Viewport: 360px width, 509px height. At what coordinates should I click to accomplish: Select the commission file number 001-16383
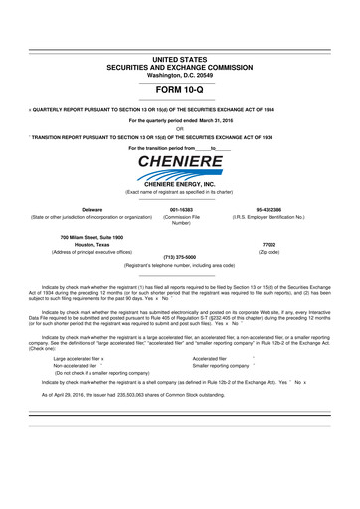179,211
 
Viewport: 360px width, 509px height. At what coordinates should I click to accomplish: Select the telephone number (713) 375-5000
179,258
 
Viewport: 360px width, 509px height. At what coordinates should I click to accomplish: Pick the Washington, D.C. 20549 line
180,48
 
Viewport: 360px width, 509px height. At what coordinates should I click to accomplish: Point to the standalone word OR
180,127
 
